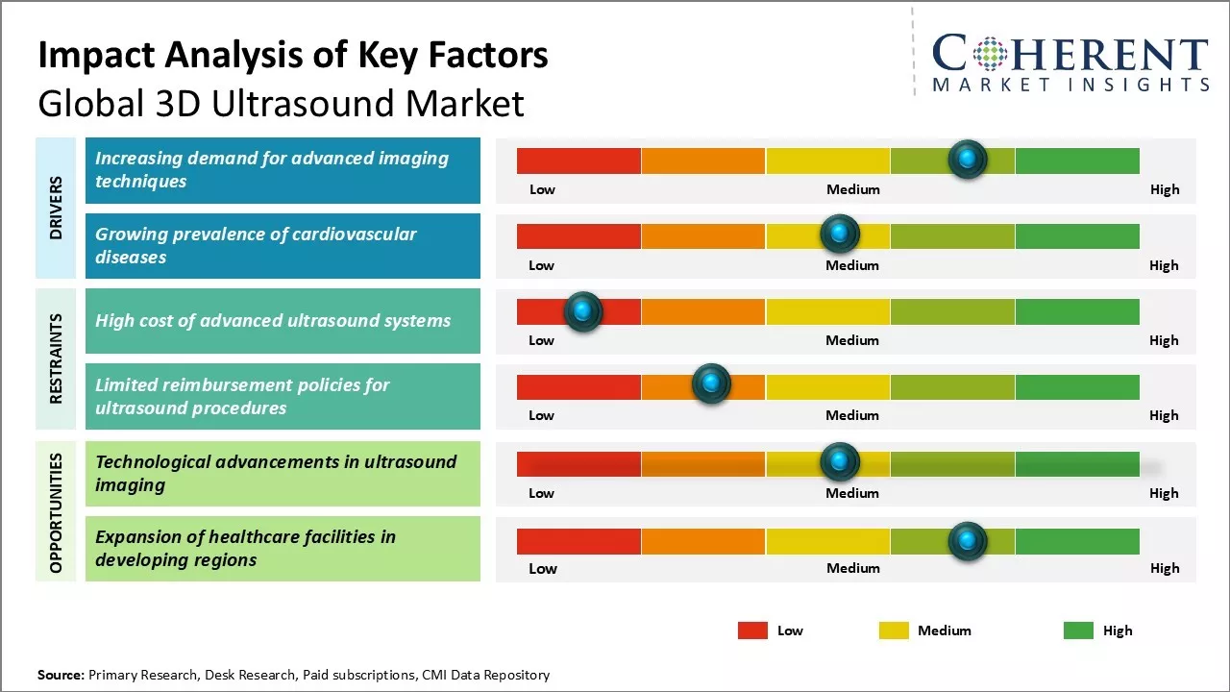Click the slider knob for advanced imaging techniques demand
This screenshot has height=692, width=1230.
[968, 159]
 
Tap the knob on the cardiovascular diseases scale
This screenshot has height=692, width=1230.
[840, 234]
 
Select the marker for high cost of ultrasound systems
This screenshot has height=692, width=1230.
[582, 311]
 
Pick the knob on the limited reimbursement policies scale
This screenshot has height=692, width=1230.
[711, 384]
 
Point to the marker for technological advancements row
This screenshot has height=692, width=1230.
[840, 462]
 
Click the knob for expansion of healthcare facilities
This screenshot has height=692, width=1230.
[968, 541]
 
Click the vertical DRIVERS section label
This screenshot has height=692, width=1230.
[56, 208]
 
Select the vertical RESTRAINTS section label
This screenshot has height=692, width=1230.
[56, 358]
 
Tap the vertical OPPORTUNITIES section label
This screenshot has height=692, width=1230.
[56, 512]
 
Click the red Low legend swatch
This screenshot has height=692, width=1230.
[752, 630]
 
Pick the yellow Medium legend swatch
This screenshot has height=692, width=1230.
[894, 630]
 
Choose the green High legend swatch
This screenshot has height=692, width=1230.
[1078, 630]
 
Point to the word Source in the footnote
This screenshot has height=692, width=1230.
[61, 675]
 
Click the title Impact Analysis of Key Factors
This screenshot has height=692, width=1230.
[293, 56]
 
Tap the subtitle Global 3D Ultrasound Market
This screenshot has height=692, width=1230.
[281, 104]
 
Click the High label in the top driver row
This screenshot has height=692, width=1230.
[1164, 189]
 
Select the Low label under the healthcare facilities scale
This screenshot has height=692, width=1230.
[543, 568]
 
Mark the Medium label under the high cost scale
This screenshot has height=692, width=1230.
[852, 340]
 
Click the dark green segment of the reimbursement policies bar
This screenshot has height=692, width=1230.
[1077, 386]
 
